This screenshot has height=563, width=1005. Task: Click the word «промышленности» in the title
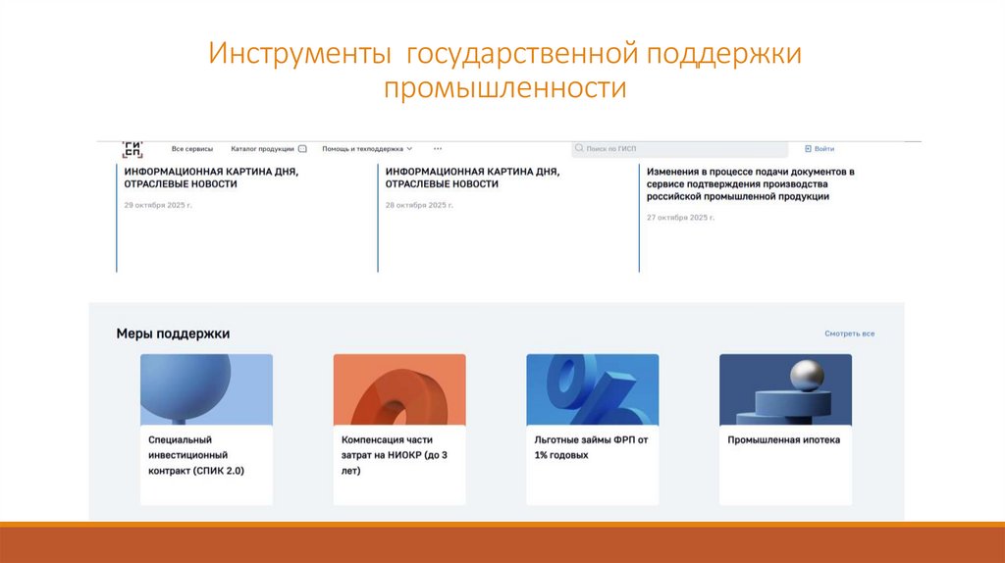(504, 88)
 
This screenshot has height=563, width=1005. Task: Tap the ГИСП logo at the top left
(132, 149)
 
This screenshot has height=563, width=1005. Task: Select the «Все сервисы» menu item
(191, 149)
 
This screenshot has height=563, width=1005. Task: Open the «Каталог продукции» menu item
(263, 149)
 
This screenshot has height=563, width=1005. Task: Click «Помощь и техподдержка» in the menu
(363, 149)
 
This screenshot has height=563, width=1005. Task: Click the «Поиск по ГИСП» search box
(677, 149)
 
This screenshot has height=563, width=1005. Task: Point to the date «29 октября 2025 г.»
(157, 205)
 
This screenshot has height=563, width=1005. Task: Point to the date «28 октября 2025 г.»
(419, 205)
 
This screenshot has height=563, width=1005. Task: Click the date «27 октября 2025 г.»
(680, 217)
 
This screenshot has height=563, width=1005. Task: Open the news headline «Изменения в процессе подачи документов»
(751, 183)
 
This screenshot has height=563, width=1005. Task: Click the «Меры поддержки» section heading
(173, 333)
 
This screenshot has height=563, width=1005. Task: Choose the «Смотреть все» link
(849, 333)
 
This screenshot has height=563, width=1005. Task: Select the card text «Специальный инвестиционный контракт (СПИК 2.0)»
(196, 455)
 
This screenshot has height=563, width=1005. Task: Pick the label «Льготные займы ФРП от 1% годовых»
(585, 447)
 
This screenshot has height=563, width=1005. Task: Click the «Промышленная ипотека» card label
(783, 440)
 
